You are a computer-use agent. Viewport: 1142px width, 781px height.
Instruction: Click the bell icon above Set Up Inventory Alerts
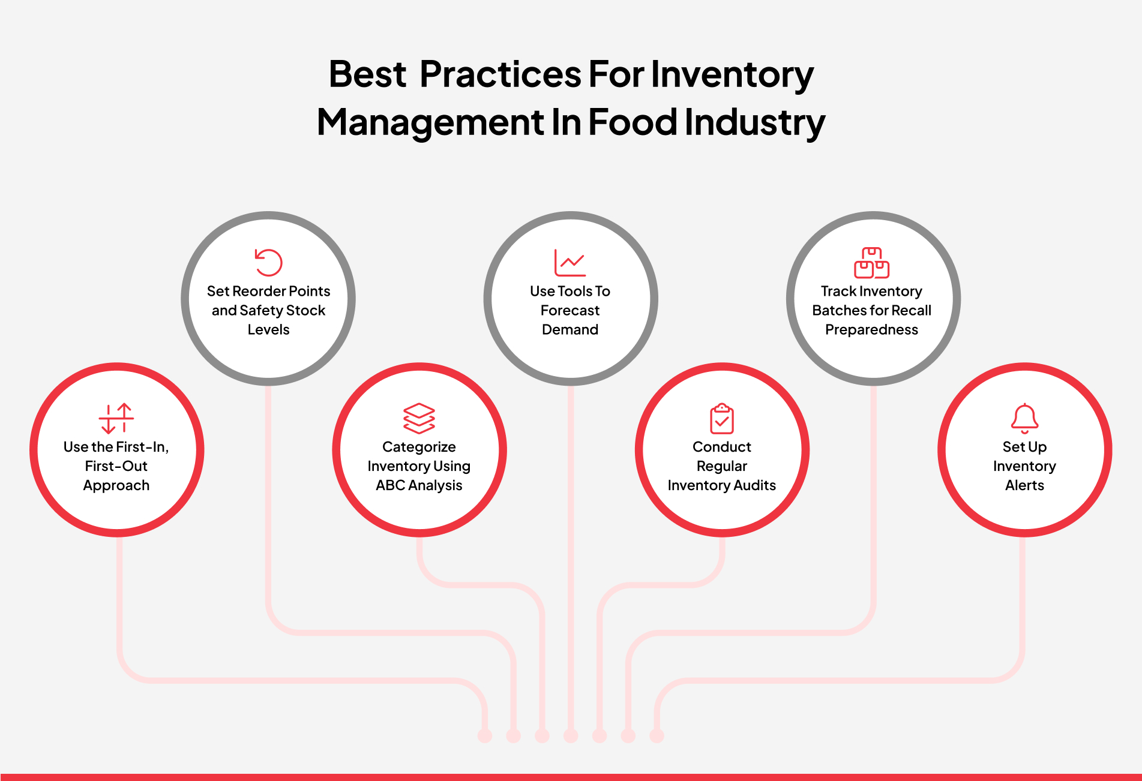coord(1024,418)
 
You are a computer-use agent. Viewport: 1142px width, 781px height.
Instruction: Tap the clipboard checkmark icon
coord(722,419)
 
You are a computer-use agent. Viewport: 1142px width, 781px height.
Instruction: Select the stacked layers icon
coord(419,418)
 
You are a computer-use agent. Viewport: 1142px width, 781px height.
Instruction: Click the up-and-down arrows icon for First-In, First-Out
coord(116,418)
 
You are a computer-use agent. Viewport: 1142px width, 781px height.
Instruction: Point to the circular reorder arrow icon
coord(268,263)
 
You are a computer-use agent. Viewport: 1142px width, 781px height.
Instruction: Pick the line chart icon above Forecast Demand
coord(569,263)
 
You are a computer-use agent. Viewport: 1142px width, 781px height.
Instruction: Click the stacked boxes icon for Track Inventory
coord(871,263)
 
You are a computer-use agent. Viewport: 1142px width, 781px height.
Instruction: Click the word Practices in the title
coord(500,74)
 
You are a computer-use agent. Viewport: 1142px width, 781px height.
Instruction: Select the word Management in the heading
coord(430,122)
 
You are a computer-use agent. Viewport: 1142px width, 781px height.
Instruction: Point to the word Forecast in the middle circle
coord(570,310)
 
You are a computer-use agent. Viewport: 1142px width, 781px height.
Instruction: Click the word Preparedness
coord(871,329)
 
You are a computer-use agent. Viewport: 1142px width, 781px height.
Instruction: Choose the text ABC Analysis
coord(419,485)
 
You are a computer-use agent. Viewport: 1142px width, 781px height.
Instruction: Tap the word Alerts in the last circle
coord(1024,485)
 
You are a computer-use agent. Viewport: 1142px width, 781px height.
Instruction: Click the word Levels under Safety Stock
coord(268,329)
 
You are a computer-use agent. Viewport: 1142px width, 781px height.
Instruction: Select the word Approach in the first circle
coord(116,485)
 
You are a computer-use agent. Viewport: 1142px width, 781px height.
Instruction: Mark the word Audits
coord(756,485)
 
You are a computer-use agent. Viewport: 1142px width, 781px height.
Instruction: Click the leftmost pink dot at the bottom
coord(485,735)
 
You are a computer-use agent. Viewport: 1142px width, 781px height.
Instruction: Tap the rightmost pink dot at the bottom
coord(657,735)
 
